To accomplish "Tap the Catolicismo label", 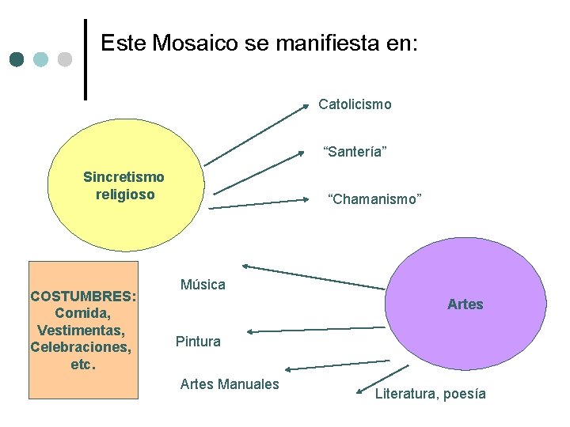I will click(355, 104).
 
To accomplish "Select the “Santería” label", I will click(355, 151).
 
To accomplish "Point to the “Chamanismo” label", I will click(374, 199).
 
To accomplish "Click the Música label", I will click(203, 285).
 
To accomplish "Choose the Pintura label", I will click(198, 342).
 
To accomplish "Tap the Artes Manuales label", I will click(230, 384).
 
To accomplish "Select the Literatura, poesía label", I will click(431, 394).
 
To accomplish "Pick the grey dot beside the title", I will click(65, 59).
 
